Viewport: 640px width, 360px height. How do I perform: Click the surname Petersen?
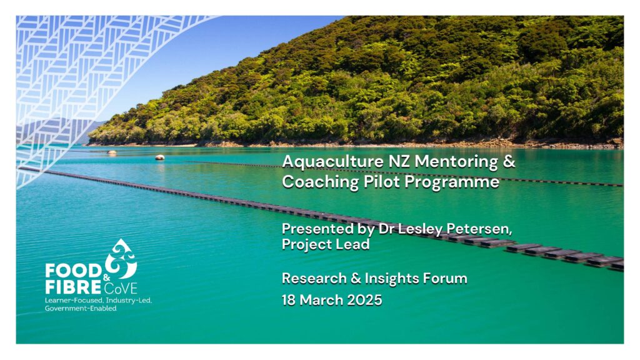(x=479, y=229)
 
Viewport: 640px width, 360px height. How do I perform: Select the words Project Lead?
(x=326, y=244)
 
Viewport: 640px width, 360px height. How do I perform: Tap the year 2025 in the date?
(x=364, y=300)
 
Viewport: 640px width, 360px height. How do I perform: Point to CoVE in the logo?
(x=121, y=288)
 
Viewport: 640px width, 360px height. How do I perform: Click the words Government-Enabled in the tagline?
(x=81, y=308)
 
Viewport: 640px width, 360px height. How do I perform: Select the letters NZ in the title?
(x=399, y=162)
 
